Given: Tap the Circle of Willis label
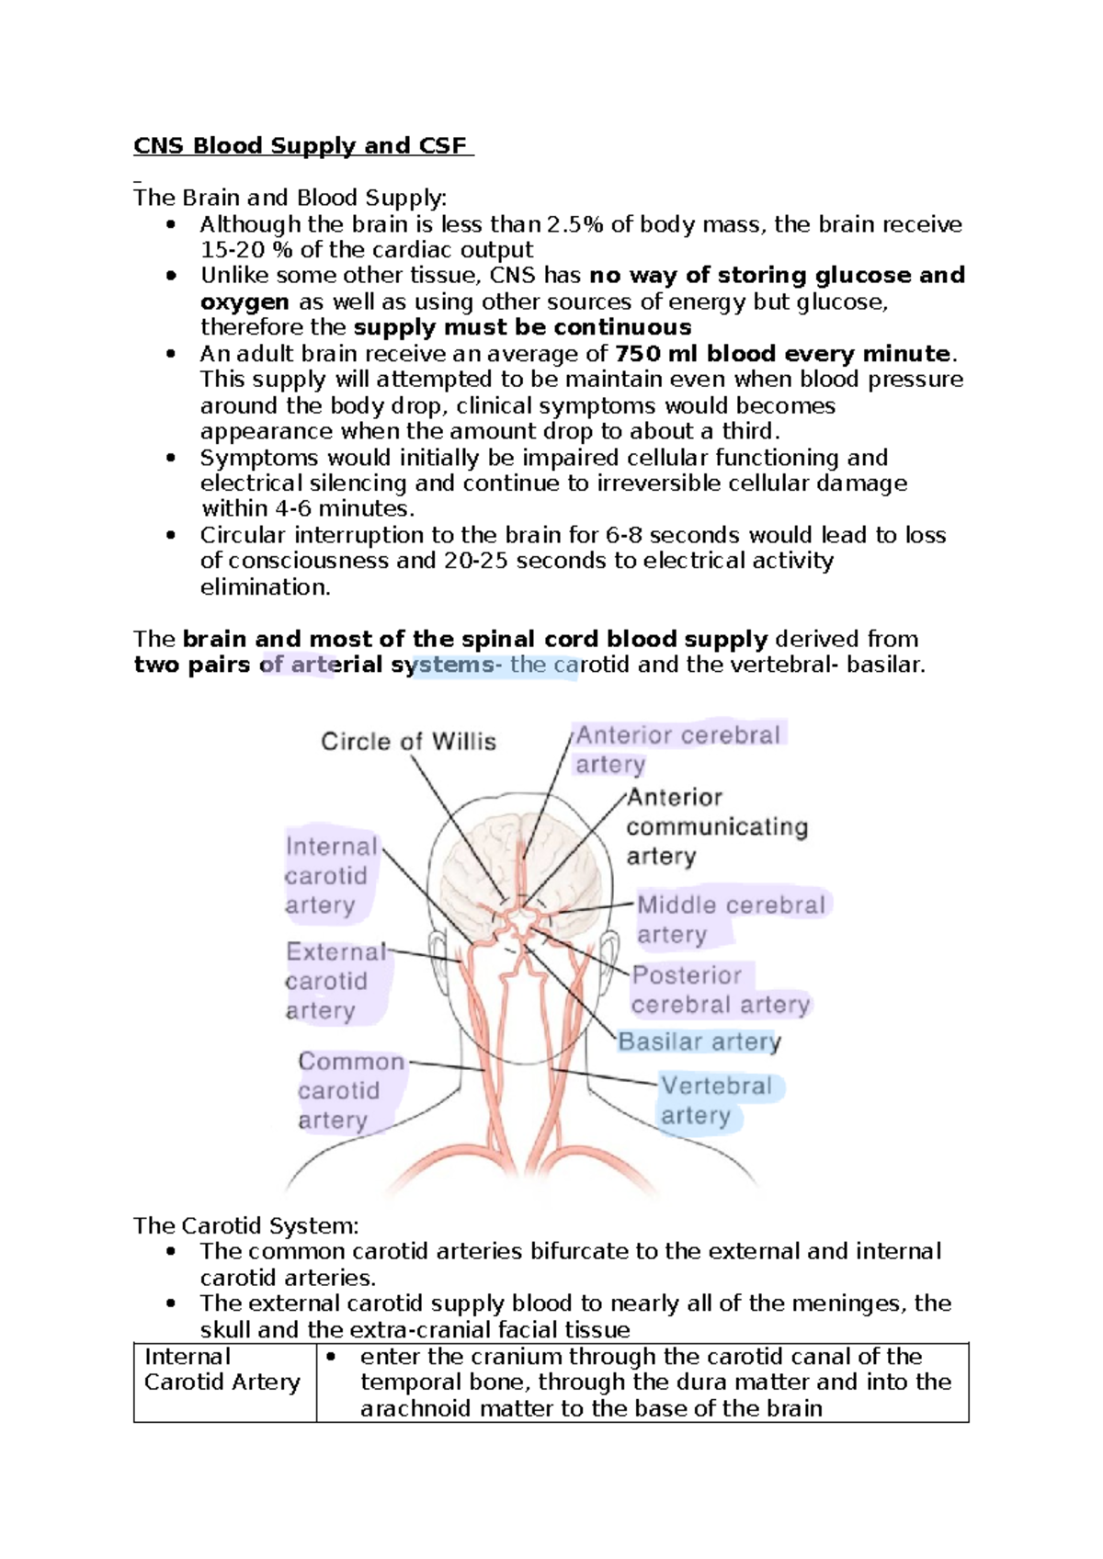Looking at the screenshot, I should [408, 741].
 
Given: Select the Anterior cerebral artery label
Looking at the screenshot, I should [677, 749].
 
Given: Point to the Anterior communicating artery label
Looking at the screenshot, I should [716, 826].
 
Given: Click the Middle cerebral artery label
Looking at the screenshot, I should [730, 919].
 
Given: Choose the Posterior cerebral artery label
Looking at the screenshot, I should [720, 990].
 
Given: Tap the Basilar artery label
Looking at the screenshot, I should [699, 1041].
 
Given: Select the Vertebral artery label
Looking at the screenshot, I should [716, 1100].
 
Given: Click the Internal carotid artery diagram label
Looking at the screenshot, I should [330, 875].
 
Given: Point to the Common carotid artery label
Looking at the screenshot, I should [350, 1090].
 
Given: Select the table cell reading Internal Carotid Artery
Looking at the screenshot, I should [223, 1370].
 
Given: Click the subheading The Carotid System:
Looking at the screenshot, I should [246, 1225].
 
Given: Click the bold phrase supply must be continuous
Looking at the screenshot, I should [522, 327].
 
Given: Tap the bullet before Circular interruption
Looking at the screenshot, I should [170, 535].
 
